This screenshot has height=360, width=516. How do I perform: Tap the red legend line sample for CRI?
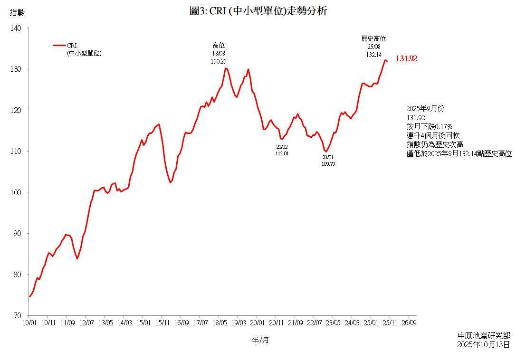[59, 46]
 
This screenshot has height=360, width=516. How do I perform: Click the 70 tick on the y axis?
[18, 315]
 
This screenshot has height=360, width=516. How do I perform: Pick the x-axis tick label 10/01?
[29, 323]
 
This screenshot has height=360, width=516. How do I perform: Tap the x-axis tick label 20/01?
[257, 323]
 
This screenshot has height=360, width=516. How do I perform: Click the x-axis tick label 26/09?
[409, 323]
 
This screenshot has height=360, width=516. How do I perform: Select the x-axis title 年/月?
[260, 340]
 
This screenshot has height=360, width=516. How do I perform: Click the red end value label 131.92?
[406, 59]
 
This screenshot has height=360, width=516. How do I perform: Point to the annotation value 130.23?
[219, 61]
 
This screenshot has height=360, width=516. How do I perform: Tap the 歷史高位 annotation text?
[373, 39]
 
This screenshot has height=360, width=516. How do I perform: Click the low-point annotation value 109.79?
[328, 164]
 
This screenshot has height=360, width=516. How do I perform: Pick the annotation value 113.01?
[282, 154]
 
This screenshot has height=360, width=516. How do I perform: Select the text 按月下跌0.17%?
[429, 126]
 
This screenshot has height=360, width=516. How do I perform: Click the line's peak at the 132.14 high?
[385, 60]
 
